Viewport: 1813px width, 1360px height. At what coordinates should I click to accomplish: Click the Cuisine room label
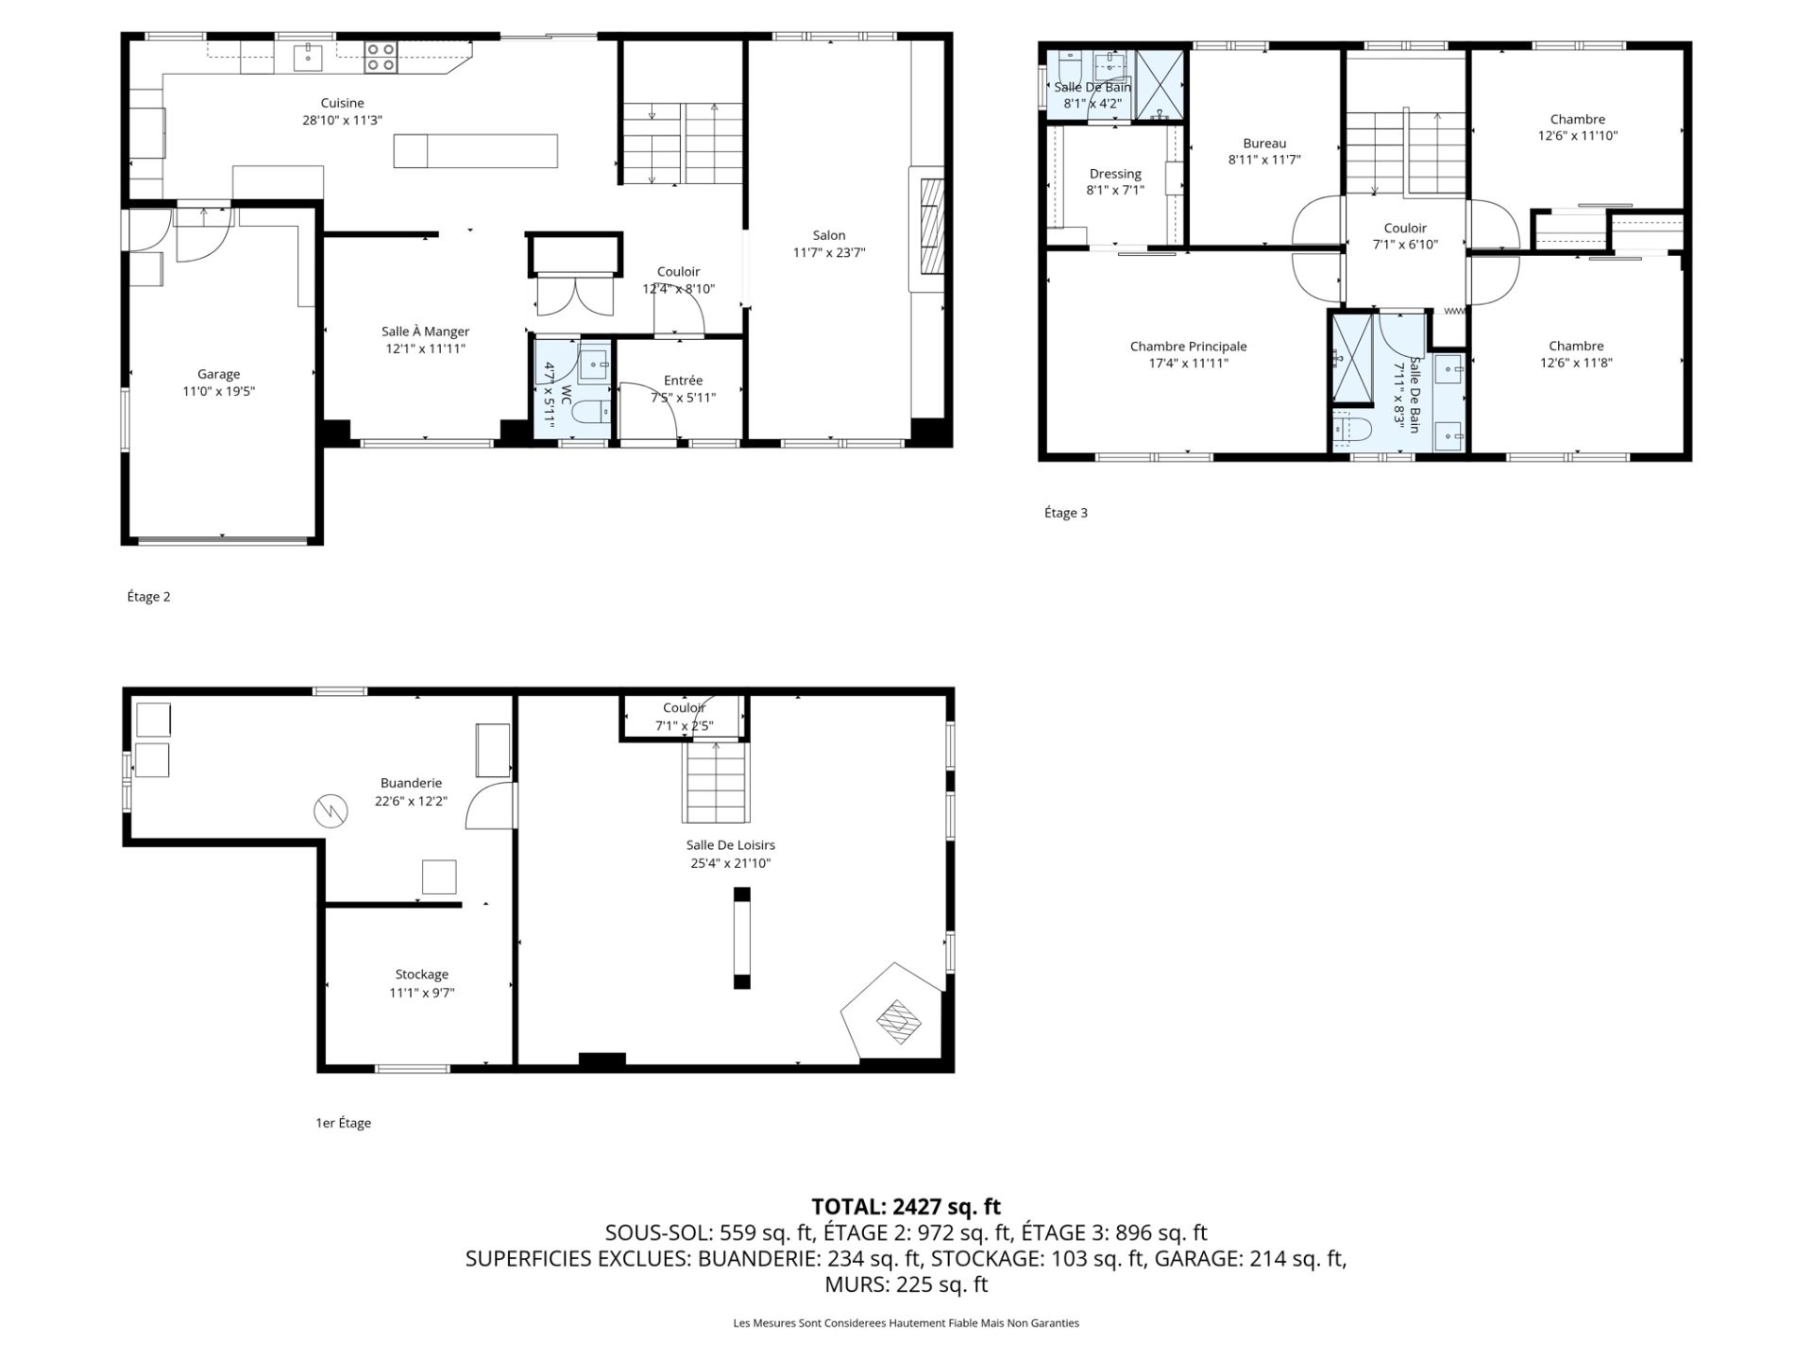point(342,111)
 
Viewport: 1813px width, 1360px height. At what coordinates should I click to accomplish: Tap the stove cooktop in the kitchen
point(381,58)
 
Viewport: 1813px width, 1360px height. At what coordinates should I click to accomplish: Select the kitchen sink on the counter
point(308,58)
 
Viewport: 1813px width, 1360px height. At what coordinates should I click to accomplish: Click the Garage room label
point(218,382)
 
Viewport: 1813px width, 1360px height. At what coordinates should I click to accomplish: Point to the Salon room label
point(829,244)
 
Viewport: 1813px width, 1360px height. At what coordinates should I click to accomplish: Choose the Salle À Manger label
point(425,340)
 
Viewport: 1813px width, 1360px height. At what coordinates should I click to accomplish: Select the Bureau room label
point(1264,151)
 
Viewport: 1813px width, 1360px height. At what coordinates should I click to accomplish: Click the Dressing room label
point(1115,181)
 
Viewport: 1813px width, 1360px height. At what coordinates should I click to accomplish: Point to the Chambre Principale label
point(1188,354)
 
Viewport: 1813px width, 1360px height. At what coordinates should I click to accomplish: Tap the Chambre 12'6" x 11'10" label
point(1578,127)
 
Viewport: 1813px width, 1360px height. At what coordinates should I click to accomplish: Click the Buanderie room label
point(411,791)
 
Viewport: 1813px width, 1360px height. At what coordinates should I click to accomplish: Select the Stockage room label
point(422,983)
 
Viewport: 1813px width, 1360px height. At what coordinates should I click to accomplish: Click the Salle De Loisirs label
point(731,854)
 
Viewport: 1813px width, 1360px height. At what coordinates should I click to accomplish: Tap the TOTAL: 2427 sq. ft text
point(906,1206)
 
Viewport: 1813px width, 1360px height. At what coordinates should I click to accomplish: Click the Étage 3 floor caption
point(1066,513)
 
